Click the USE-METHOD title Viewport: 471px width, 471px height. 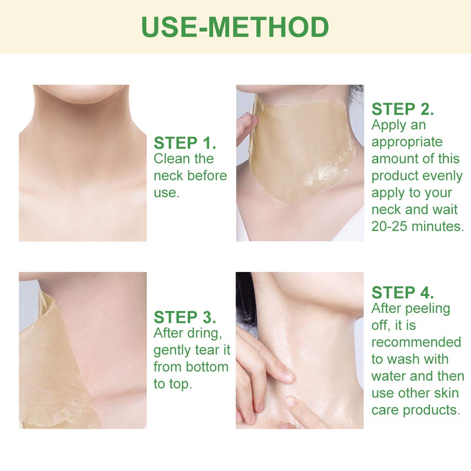[x=235, y=27]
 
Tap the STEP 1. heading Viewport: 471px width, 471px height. [x=185, y=143]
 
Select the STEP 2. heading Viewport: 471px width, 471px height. [x=402, y=109]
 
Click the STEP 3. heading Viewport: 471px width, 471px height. [x=185, y=317]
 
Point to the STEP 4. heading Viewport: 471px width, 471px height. [x=402, y=292]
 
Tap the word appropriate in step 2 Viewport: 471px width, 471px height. [x=407, y=143]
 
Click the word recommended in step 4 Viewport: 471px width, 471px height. [x=416, y=342]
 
